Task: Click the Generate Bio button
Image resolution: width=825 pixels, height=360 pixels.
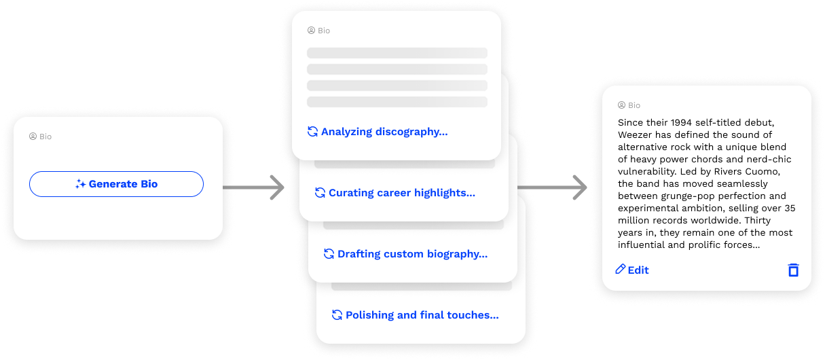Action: coord(116,184)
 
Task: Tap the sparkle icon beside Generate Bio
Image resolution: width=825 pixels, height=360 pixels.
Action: coord(80,184)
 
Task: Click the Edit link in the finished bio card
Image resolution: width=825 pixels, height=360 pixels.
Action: coord(638,270)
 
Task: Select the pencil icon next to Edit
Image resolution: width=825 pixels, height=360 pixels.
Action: coord(620,270)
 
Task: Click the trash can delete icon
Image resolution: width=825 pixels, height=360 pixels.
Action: coord(793,270)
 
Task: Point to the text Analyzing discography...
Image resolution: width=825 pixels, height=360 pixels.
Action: coord(384,132)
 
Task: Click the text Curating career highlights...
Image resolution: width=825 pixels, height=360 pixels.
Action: coord(401,193)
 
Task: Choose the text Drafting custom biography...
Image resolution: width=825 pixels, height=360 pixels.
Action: coord(412,254)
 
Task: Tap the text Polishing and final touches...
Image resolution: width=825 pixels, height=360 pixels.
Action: coord(422,315)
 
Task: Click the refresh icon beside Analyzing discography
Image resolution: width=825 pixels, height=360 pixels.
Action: coord(312,132)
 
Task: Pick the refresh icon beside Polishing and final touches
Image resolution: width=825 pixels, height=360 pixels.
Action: coord(337,315)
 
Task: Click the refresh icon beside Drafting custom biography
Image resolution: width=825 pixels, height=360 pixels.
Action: coord(329,254)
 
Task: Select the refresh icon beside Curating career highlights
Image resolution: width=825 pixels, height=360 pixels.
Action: coord(320,193)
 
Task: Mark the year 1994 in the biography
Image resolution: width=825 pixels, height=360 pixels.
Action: coord(682,123)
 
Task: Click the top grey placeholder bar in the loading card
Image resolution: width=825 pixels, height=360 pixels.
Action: coord(397,53)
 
